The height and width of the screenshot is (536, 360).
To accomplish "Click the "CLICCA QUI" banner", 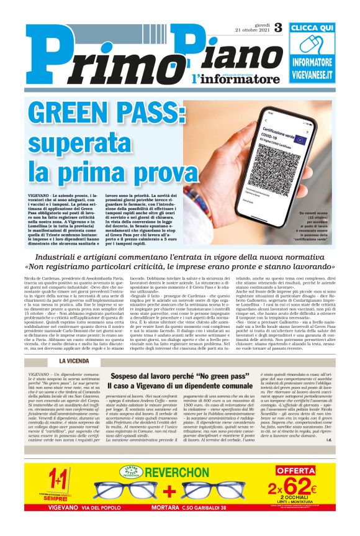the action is coord(321,28).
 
